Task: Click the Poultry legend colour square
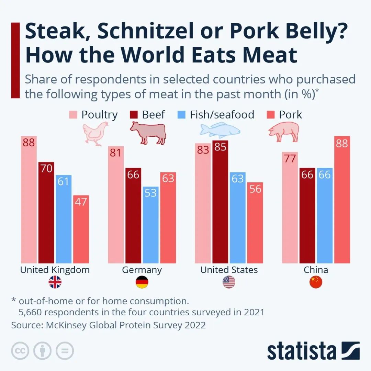click(x=73, y=115)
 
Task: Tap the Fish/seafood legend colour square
click(x=181, y=115)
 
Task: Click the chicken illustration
click(x=95, y=134)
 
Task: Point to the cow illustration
click(x=148, y=133)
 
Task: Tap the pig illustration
click(x=283, y=132)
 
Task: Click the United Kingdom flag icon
click(x=55, y=282)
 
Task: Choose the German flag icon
click(x=142, y=282)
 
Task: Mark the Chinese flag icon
click(x=316, y=282)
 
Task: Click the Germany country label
click(x=142, y=270)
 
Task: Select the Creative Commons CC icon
click(x=20, y=351)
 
